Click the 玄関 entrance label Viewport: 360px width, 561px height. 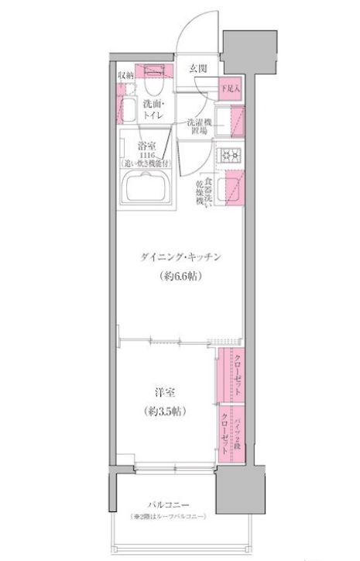[x=197, y=68]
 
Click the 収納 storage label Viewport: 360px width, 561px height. [x=126, y=74]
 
